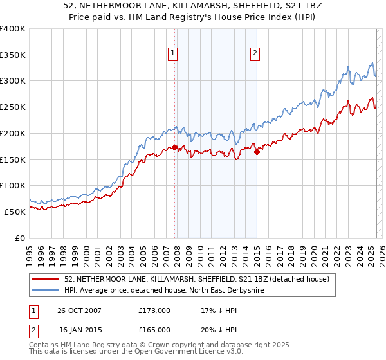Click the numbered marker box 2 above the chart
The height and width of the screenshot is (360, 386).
255,53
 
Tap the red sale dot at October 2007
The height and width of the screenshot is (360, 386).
174,148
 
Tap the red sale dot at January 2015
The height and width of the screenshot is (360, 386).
257,152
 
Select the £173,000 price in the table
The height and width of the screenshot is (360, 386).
154,310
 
